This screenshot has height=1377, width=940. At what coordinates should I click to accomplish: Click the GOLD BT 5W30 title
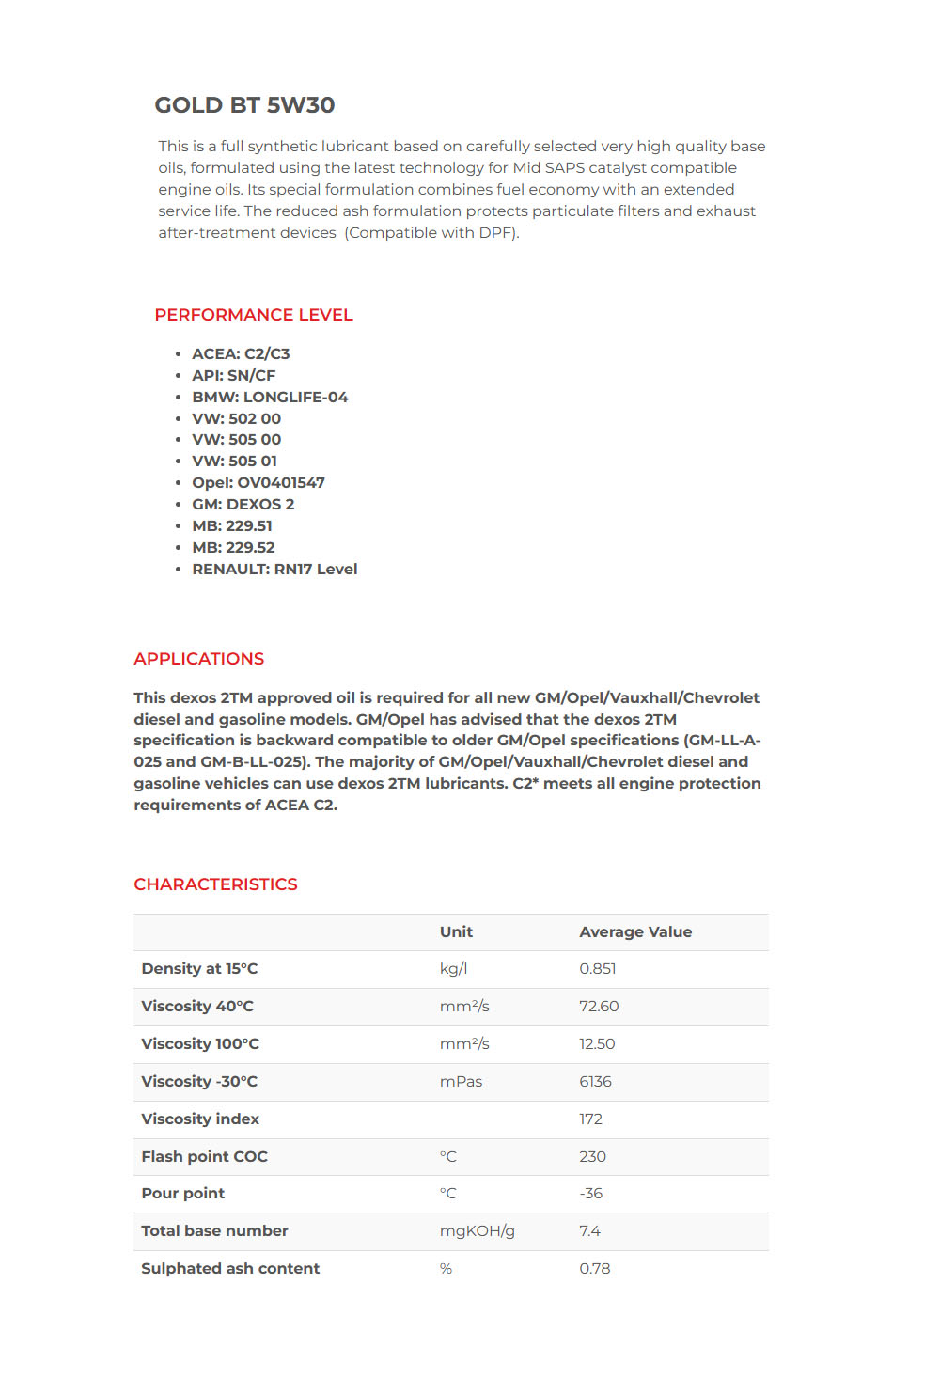(244, 105)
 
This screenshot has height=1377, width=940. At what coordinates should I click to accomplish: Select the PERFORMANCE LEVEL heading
(254, 315)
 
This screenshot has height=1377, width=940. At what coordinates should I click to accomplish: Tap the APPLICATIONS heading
(198, 659)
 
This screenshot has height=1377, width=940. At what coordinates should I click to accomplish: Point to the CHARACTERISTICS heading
(215, 884)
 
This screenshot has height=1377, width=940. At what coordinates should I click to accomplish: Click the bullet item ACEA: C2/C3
(241, 354)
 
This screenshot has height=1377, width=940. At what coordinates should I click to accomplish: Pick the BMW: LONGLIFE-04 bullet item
(270, 398)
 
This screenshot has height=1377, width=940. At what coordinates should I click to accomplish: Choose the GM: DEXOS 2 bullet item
(243, 505)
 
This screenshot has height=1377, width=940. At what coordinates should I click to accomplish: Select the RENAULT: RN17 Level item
(274, 570)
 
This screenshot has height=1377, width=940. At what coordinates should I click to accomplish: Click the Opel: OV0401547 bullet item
(258, 483)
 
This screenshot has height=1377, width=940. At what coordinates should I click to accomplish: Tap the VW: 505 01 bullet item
(234, 462)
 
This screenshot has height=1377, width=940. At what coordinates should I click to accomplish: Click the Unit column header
(456, 932)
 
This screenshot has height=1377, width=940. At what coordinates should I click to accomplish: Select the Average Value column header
(635, 932)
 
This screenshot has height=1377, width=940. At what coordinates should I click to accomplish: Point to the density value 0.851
(598, 969)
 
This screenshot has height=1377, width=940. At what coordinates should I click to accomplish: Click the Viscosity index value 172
(590, 1119)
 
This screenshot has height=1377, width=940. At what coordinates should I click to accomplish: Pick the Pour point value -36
(590, 1194)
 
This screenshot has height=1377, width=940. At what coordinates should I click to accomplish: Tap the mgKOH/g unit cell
(477, 1231)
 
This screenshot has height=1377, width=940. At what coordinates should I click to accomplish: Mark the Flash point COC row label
(204, 1157)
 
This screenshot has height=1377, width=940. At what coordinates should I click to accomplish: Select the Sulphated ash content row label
(230, 1269)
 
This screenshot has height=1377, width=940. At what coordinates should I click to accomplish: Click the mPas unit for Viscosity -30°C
(461, 1082)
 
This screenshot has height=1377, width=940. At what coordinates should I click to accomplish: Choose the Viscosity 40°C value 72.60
(599, 1007)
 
